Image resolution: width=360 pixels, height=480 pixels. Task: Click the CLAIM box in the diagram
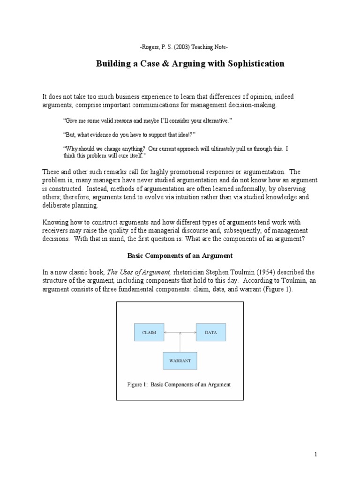click(x=149, y=332)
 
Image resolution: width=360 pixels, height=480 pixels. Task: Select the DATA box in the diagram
click(x=210, y=332)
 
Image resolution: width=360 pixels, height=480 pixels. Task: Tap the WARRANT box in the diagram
click(x=180, y=361)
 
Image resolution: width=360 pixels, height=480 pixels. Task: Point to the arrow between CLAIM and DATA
click(x=180, y=332)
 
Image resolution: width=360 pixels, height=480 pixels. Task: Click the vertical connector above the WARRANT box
click(x=180, y=342)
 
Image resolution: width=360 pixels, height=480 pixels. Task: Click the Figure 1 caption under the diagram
click(x=180, y=384)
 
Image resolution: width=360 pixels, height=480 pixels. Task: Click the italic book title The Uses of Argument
click(x=133, y=272)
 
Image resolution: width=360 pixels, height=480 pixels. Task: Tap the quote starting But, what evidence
click(x=128, y=135)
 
